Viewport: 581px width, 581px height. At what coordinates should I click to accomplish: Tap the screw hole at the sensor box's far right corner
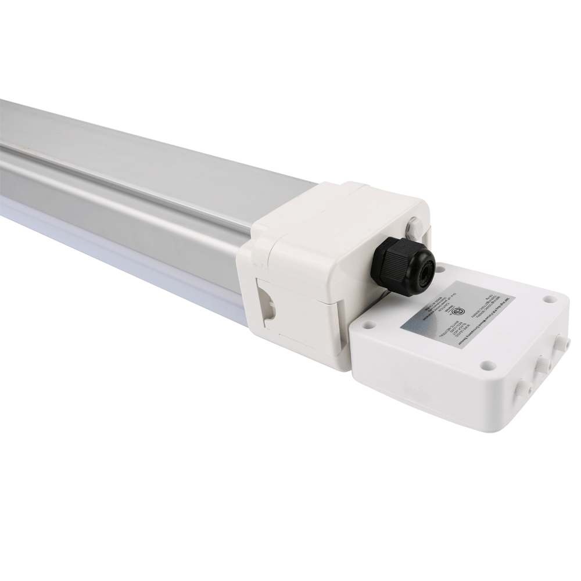click(x=548, y=300)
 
